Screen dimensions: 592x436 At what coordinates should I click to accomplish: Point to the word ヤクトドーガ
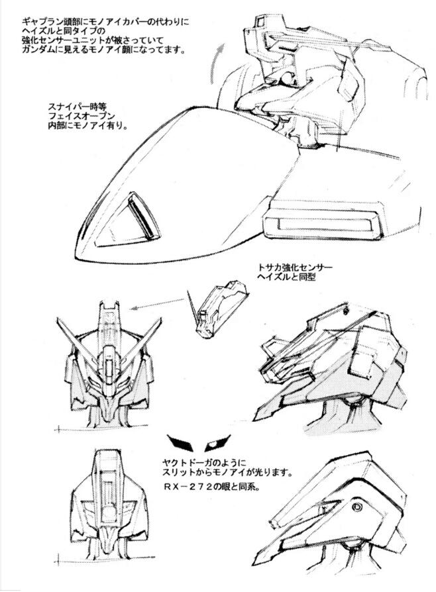193,462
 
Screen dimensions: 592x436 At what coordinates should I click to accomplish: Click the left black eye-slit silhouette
179,440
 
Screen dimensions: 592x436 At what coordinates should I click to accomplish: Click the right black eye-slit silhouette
217,439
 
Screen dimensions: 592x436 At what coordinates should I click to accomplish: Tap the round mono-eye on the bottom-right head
358,507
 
